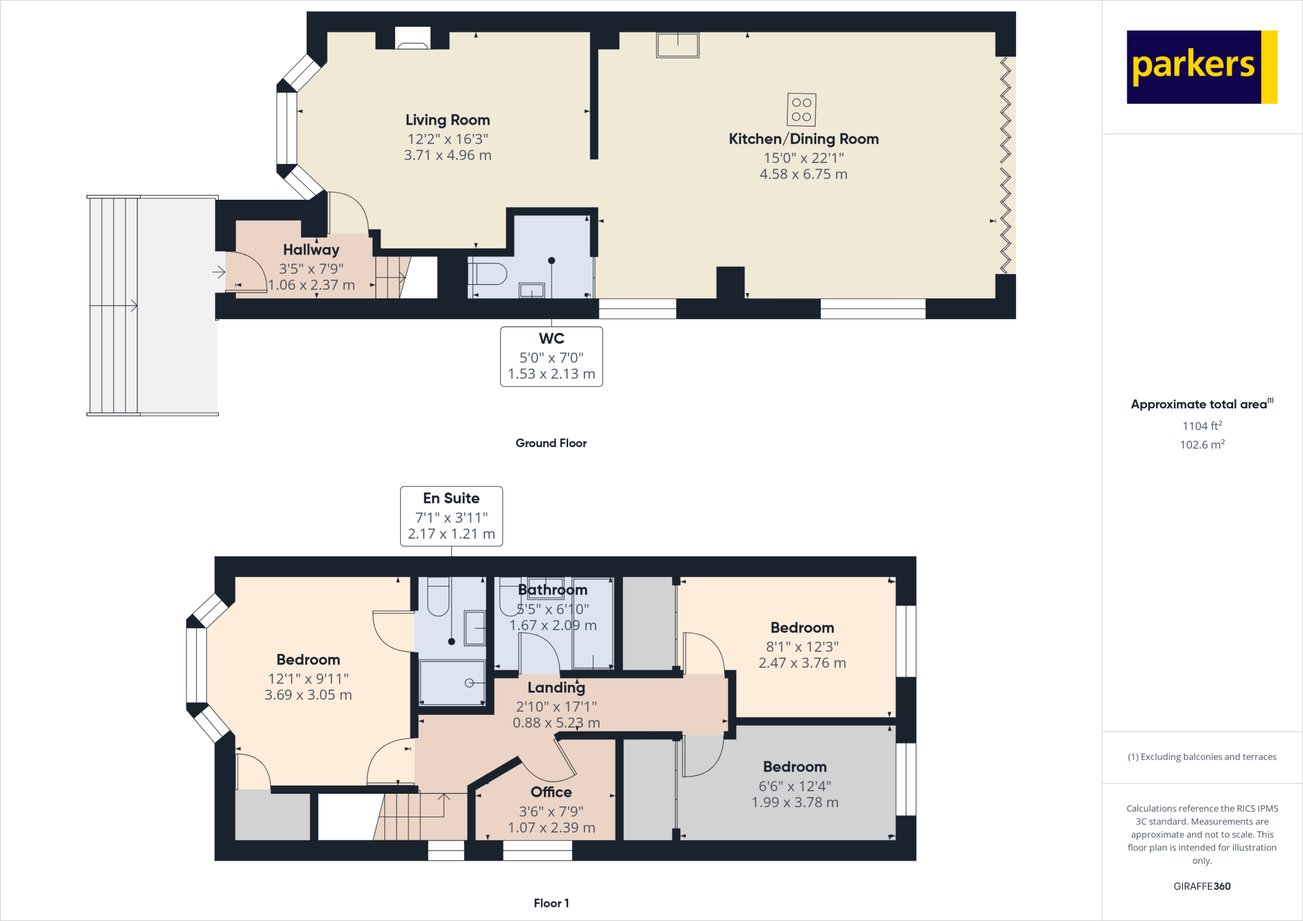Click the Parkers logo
1201,67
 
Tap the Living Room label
447,120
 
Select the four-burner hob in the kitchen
801,110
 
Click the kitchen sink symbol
678,45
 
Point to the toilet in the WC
487,274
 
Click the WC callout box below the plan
551,356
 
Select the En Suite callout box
451,516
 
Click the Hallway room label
311,250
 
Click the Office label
551,793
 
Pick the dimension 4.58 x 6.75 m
803,174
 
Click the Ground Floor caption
551,443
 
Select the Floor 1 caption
551,903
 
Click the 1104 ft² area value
1201,426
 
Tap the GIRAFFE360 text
1201,886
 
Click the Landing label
556,688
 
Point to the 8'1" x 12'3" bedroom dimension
802,647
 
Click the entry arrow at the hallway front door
219,272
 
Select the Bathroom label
552,590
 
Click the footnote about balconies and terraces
1201,757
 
